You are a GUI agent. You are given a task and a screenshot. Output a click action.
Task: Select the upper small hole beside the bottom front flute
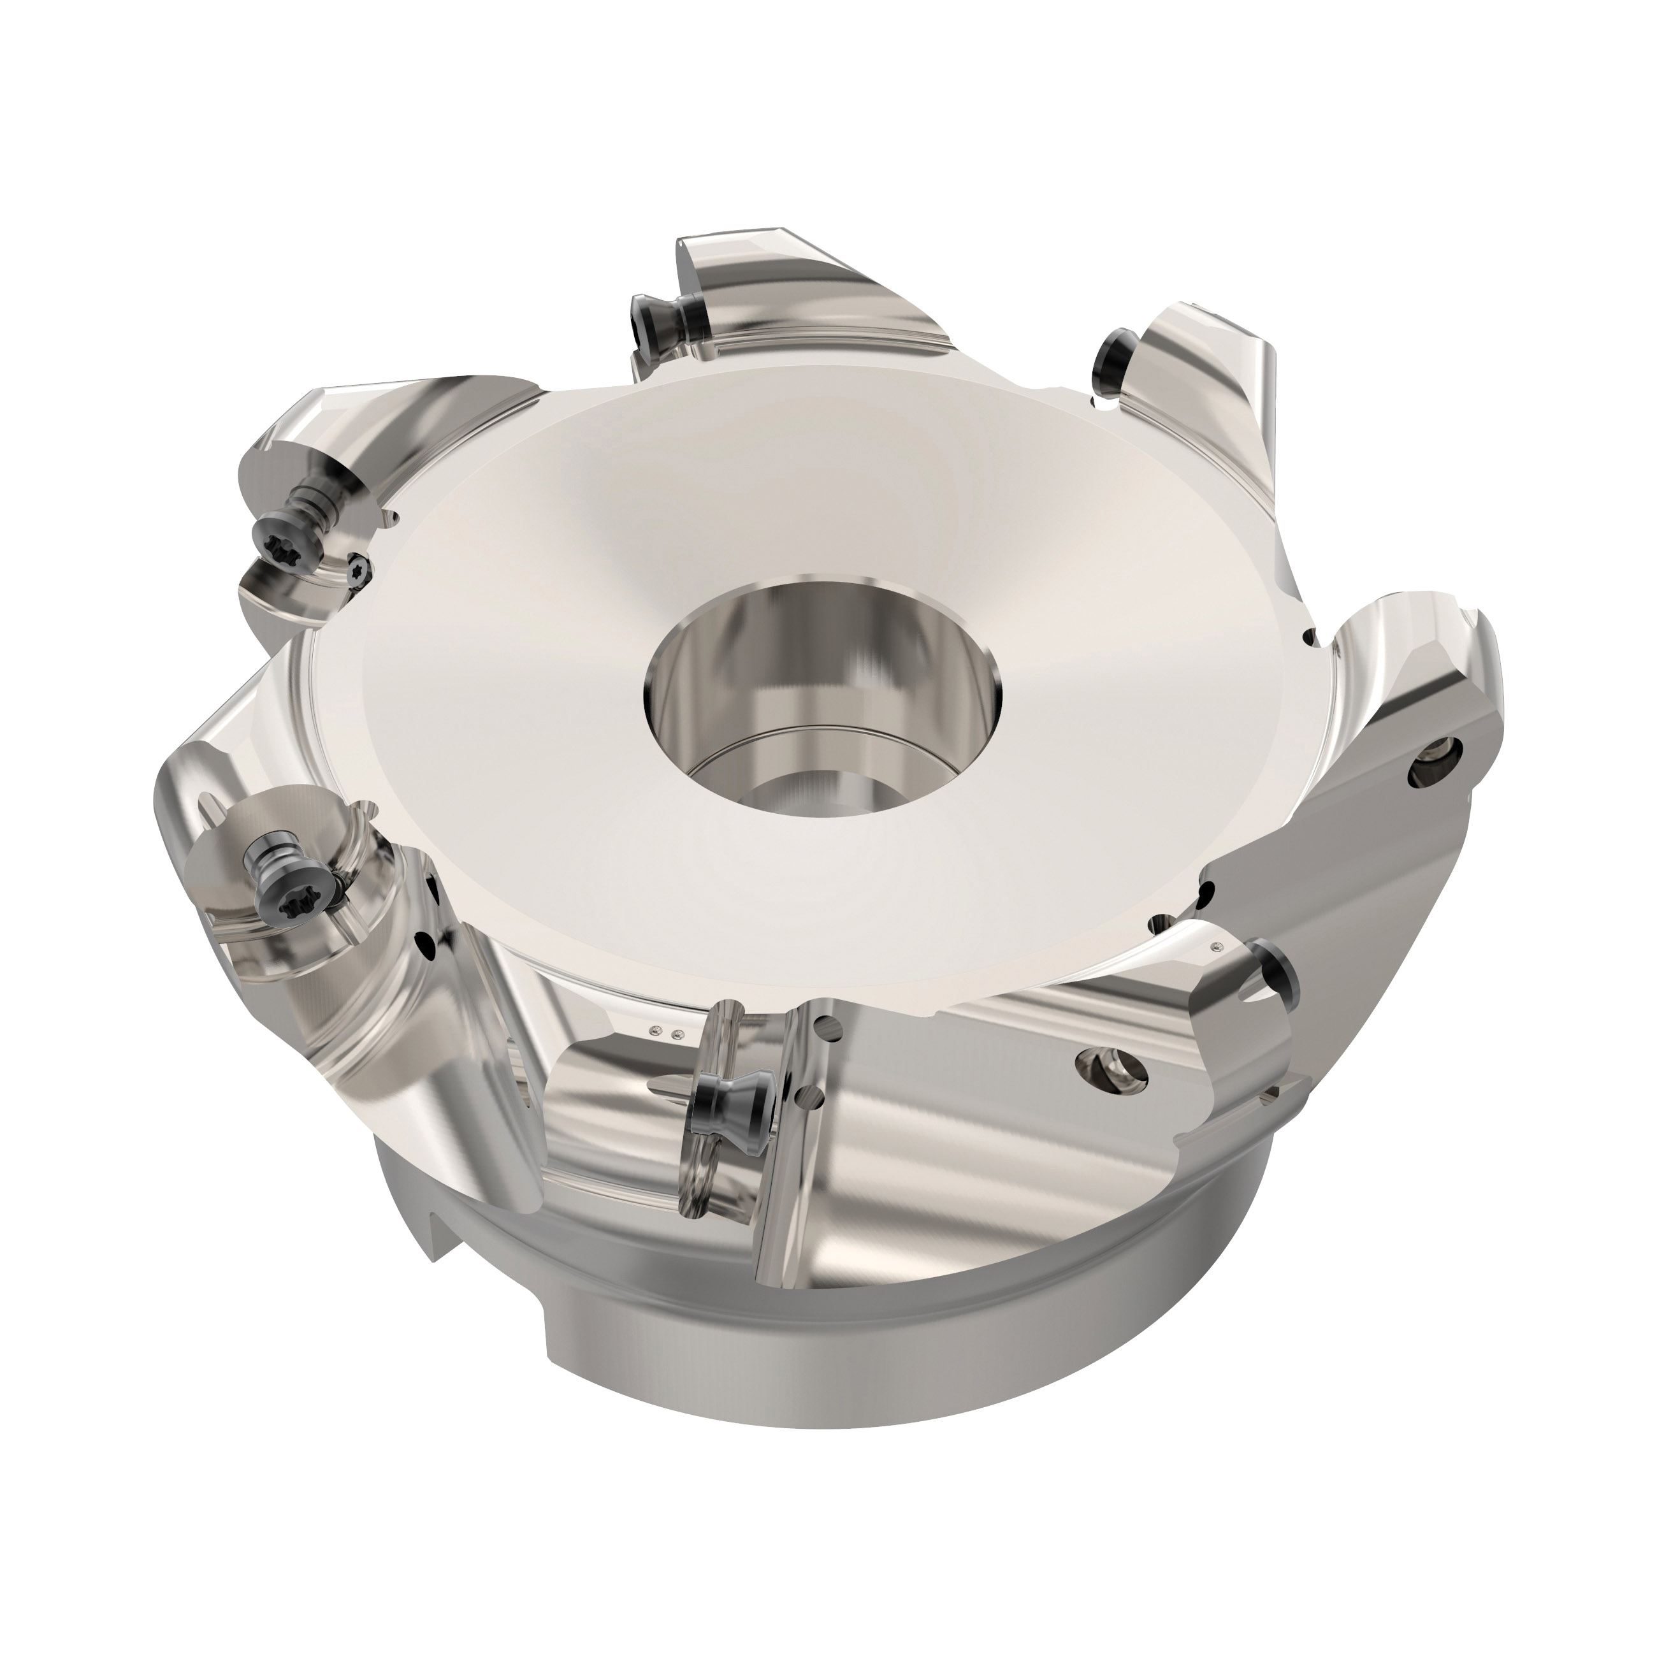click(x=826, y=1023)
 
